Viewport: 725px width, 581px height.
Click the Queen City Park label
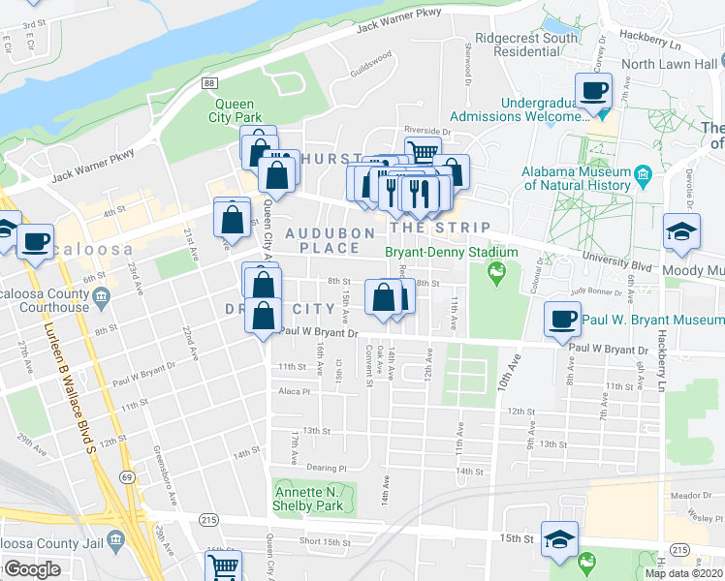(x=234, y=111)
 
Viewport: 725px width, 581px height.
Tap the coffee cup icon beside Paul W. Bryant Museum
(x=563, y=320)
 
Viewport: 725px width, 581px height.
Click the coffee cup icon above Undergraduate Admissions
(x=594, y=90)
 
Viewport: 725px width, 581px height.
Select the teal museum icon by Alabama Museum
(x=642, y=178)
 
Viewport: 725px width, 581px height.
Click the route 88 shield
(x=209, y=85)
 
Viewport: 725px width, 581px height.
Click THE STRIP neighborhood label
(x=440, y=227)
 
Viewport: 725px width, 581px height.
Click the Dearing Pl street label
(x=299, y=467)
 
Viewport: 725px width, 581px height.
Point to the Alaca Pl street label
(x=292, y=392)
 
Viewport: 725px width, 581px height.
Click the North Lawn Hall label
(x=669, y=64)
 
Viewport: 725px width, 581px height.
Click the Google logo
(x=32, y=569)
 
